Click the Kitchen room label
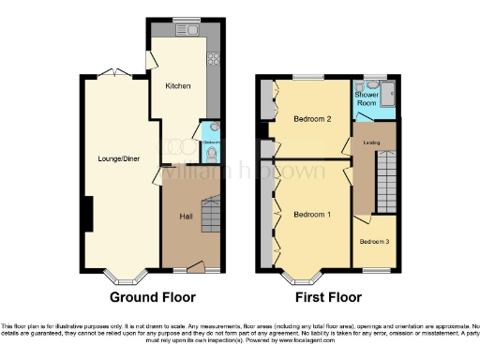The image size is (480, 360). click(178, 86)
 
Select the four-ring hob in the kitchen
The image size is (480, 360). click(213, 55)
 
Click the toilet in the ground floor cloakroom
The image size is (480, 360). click(212, 153)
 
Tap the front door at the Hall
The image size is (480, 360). click(194, 267)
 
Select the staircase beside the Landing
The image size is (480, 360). click(385, 184)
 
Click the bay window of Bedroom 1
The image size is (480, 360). click(300, 276)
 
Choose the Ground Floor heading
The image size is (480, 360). click(153, 297)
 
